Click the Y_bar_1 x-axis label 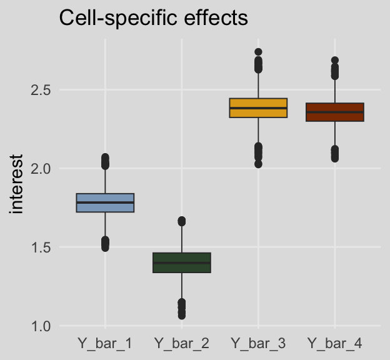coord(105,343)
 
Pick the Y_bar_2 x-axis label coord(181,343)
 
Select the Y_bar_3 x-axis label coord(258,343)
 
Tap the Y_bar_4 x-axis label coord(334,343)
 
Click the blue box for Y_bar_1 coord(105,203)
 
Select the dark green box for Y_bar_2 coord(181,262)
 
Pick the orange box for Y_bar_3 coord(258,107)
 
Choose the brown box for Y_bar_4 coord(334,112)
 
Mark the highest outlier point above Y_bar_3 coord(258,52)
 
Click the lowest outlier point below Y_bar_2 coord(181,316)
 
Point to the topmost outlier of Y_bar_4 coord(334,61)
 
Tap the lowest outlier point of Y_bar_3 coord(258,164)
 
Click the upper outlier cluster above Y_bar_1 coord(105,161)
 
